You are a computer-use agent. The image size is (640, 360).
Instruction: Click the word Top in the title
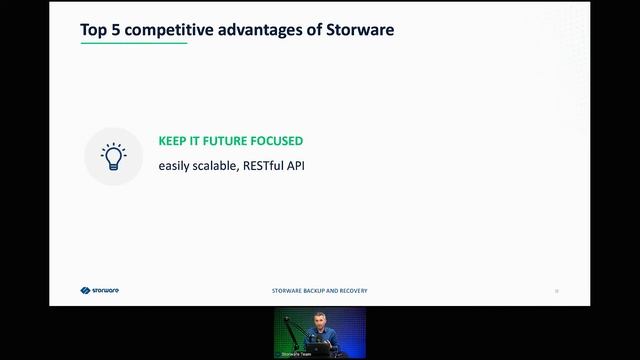pos(93,30)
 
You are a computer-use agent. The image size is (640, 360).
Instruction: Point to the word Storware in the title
pos(360,30)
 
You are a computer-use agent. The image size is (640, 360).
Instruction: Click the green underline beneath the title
pos(133,43)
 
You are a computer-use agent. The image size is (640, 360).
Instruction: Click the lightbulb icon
pos(113,156)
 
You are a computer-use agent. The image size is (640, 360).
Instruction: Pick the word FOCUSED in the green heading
pos(280,141)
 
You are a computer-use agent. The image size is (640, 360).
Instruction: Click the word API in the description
pos(295,164)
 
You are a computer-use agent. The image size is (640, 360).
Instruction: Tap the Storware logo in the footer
pos(100,291)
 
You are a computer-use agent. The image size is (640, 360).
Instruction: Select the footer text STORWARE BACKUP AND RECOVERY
pos(320,291)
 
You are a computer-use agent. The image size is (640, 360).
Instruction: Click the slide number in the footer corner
pos(557,291)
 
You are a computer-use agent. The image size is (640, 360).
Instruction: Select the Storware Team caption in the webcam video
pos(297,354)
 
